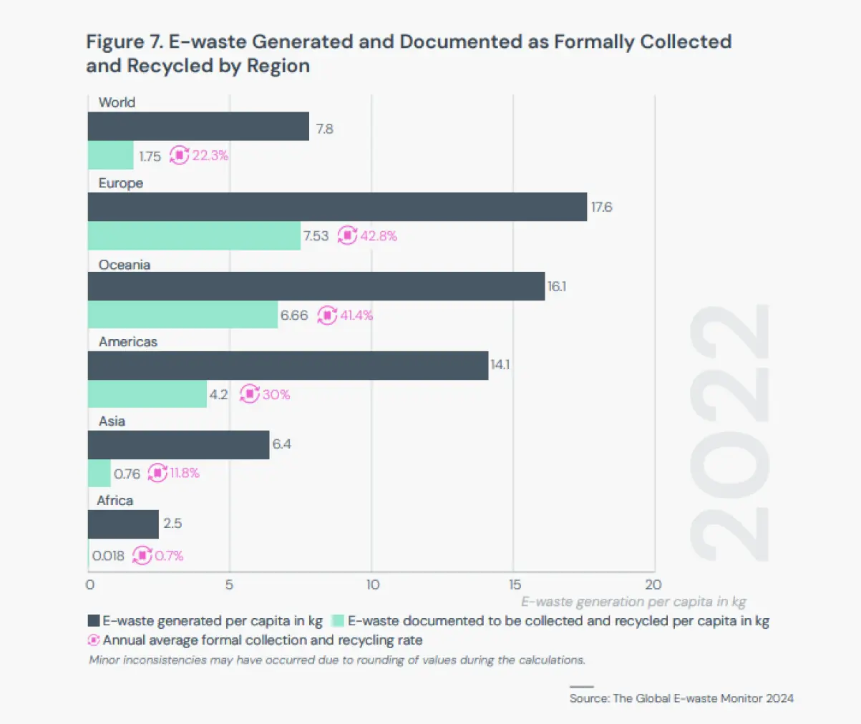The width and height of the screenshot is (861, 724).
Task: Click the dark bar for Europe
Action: coord(336,207)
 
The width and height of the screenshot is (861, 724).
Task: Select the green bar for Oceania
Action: coord(183,315)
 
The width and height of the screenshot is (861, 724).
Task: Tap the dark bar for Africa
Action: coord(123,524)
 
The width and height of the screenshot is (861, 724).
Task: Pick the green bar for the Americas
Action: coord(147,394)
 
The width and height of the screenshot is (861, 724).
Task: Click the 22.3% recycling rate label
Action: coord(210,155)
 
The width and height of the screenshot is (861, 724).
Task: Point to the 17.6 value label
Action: coord(601,207)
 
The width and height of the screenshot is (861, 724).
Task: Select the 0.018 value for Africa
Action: coord(108,555)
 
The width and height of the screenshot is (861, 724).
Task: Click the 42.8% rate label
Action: coord(378,235)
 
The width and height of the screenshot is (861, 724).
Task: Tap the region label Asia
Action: coord(112,421)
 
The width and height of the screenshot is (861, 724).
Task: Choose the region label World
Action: coord(117,102)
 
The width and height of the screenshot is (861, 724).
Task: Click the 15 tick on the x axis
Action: coord(514,584)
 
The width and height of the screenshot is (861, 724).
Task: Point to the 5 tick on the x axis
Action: coord(229,584)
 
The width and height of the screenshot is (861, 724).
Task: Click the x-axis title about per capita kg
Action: coord(633,602)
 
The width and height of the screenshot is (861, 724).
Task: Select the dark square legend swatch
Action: coord(94,621)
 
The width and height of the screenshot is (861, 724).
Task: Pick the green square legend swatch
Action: coord(338,621)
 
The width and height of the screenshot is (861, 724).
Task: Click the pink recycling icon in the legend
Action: coord(94,640)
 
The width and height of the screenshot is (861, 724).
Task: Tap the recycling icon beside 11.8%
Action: coord(157,473)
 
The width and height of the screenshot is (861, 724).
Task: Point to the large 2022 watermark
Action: coord(730,433)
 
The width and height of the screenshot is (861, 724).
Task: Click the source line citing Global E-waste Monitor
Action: coord(681,698)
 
